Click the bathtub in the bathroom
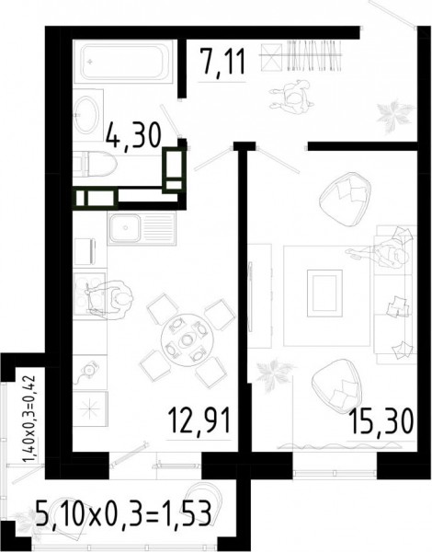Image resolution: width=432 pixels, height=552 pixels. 123,62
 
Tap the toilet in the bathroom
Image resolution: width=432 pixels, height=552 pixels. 95,164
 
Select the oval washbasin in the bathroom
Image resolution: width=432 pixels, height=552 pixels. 86,115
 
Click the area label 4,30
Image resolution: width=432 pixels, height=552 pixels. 133,135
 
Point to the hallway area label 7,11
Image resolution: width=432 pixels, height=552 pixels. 222,62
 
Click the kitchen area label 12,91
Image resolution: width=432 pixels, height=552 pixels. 199,420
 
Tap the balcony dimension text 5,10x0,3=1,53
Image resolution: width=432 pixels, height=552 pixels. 124,513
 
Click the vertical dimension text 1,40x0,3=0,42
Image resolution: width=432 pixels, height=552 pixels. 29,419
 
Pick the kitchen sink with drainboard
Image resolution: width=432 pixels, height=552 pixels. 142,228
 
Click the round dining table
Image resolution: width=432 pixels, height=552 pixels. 188,340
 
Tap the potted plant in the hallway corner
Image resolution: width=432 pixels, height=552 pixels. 394,116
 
